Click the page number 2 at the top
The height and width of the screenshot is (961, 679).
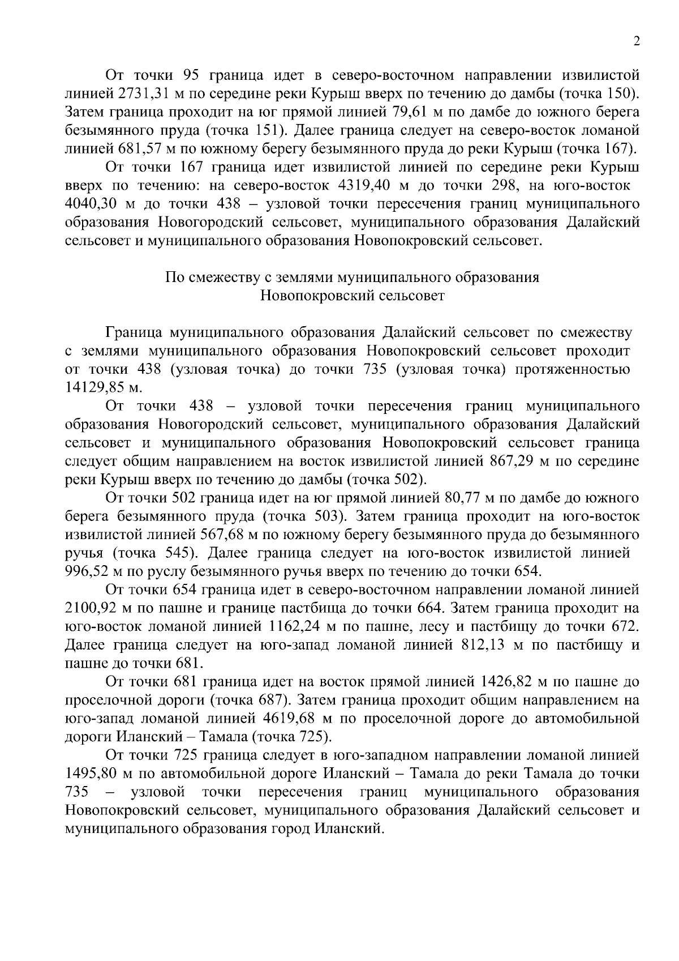pos(637,42)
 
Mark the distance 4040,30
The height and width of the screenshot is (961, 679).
pos(91,204)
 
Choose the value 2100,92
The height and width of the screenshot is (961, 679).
pos(92,609)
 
